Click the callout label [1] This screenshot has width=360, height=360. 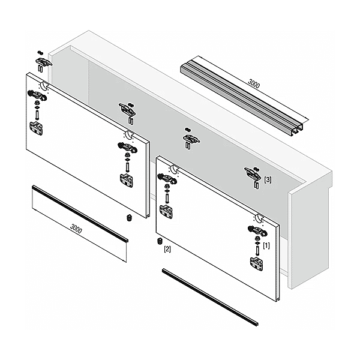point(266,245)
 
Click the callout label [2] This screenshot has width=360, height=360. point(167,249)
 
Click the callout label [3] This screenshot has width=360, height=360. point(268,179)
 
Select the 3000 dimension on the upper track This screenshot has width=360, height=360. point(254,84)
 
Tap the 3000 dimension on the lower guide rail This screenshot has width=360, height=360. point(76,229)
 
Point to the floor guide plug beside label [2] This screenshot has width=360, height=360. point(160,241)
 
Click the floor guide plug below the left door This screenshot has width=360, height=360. point(129,217)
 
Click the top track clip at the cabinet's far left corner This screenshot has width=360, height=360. point(43,62)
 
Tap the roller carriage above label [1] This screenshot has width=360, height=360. point(257,231)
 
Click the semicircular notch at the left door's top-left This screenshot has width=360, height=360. point(44,86)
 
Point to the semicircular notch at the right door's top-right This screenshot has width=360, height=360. point(259,218)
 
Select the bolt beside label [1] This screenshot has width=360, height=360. point(257,251)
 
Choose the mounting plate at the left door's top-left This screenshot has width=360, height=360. point(36,128)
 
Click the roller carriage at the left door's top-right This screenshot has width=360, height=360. point(127,148)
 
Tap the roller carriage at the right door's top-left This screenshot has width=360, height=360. point(167,178)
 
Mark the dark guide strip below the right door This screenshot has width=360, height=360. point(210,297)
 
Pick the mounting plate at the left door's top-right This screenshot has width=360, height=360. point(127,181)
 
